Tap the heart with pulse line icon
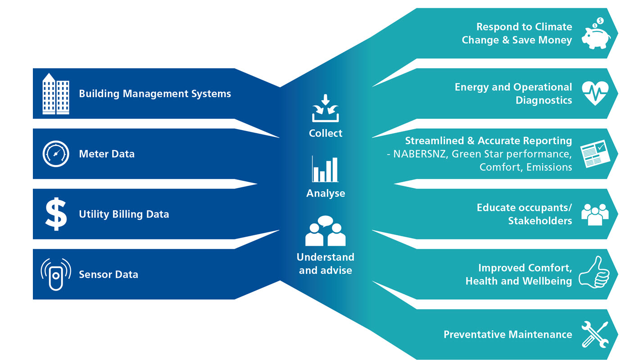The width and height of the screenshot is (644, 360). [x=595, y=93]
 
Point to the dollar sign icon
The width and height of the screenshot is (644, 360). [x=56, y=214]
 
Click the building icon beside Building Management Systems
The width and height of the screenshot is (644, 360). [x=55, y=94]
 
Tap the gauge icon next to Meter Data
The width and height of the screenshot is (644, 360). [x=56, y=154]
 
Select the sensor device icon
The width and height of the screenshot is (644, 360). [x=56, y=274]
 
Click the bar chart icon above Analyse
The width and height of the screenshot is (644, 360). [x=325, y=169]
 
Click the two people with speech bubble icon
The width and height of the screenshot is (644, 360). [x=325, y=231]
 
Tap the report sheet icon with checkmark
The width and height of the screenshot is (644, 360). [x=594, y=154]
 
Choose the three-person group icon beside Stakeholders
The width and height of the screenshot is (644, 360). [x=594, y=213]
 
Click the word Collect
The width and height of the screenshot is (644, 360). [x=326, y=133]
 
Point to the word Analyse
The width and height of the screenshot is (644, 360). [x=326, y=193]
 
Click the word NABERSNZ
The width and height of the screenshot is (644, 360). [x=420, y=154]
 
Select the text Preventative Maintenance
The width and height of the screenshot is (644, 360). [x=508, y=334]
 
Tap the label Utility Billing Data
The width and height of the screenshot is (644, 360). [x=124, y=214]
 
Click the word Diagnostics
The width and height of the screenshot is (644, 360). [x=544, y=100]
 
